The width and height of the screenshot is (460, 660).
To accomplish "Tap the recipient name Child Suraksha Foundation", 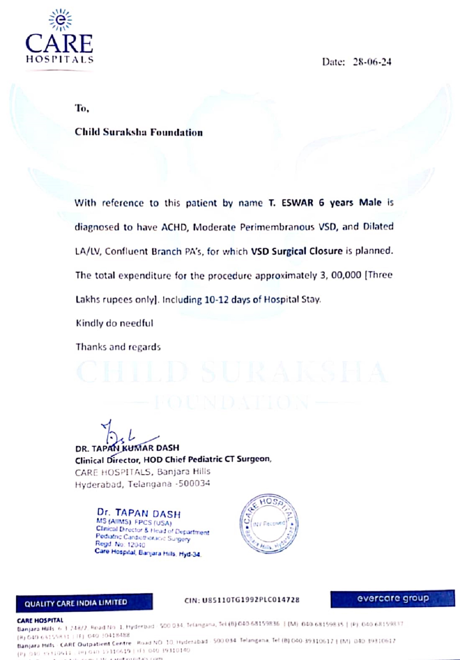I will coord(139,132).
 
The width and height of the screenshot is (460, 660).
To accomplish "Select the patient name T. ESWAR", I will coord(291,203).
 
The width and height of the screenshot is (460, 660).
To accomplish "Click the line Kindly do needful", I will coord(114,323).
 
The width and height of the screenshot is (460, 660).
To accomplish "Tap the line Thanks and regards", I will coord(118,347).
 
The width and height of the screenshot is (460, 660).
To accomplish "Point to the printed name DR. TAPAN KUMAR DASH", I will coord(127,448).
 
